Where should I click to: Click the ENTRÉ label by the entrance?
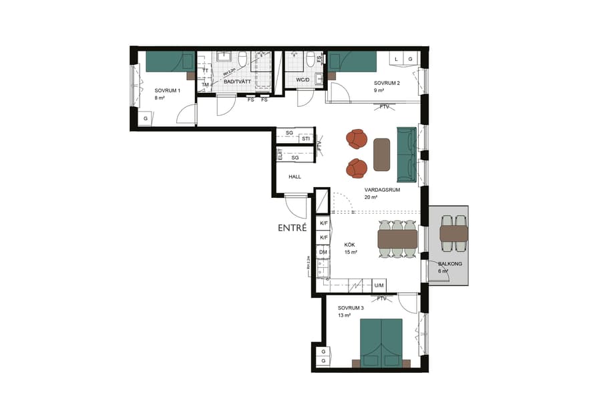[x=292, y=228]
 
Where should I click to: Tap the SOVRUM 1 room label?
[x=168, y=90]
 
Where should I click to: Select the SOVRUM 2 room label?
[x=387, y=83]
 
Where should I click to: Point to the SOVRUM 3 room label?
[x=351, y=308]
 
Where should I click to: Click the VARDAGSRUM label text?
[x=381, y=190]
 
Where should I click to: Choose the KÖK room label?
[x=351, y=245]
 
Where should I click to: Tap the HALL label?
[x=294, y=177]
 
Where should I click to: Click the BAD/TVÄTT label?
[x=237, y=82]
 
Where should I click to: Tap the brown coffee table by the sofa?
[x=382, y=154]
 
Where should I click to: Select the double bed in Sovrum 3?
[x=381, y=342]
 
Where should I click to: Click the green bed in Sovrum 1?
[x=170, y=61]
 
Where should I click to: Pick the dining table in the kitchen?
[x=397, y=239]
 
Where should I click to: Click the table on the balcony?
[x=454, y=233]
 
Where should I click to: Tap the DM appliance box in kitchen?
[x=323, y=252]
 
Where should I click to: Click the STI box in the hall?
[x=305, y=139]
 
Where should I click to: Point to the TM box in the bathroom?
[x=205, y=85]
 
